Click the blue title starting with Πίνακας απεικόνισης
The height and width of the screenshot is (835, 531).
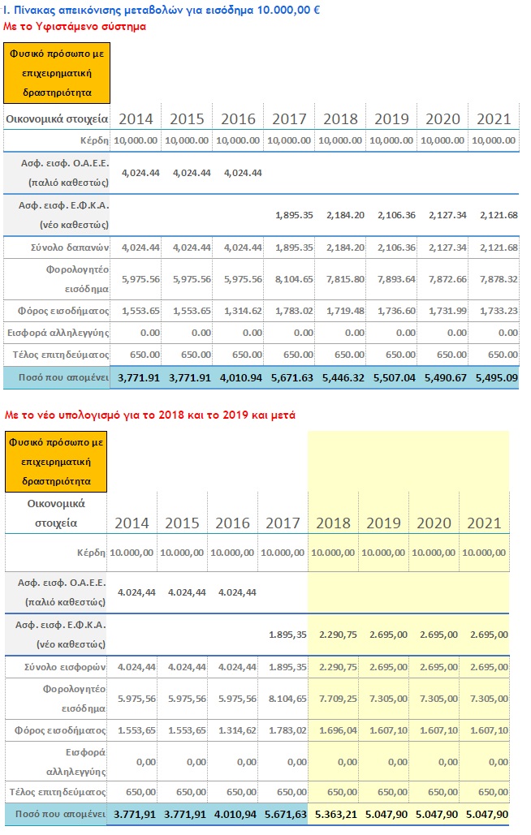coord(162,10)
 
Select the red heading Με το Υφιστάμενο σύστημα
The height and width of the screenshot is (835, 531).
coord(75,26)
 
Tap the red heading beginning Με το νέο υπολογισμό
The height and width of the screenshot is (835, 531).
coord(149,415)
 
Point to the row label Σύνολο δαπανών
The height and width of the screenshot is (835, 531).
coord(70,247)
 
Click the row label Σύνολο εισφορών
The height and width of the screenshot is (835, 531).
coord(65,667)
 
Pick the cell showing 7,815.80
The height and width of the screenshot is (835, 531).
coord(346,279)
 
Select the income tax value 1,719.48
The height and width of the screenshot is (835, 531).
coord(346,311)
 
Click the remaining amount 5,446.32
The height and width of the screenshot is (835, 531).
coord(343,377)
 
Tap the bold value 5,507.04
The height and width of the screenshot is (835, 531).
coord(394,377)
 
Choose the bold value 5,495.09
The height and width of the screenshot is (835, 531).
coord(496,377)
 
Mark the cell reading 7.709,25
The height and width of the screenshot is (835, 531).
coord(339,699)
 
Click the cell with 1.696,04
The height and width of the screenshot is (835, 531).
coord(339,730)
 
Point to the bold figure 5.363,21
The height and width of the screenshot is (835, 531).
coord(336,814)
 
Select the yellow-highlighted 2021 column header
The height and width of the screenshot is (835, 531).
coord(484,523)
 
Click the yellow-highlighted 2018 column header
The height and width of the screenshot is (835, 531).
coord(334,523)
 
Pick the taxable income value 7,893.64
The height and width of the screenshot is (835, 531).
coord(397,279)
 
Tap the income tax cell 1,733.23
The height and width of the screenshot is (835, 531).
coord(499,311)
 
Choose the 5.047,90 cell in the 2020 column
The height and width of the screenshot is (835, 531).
coord(437,814)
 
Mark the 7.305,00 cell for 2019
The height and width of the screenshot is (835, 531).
coord(389,699)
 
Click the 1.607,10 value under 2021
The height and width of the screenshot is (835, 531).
coord(490,730)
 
